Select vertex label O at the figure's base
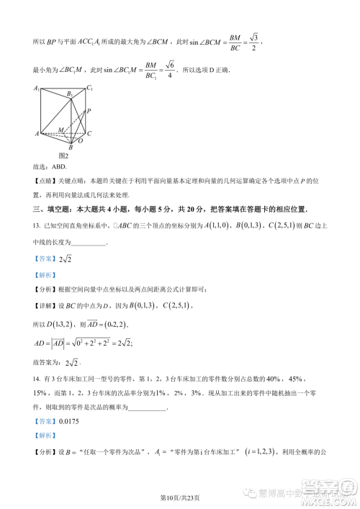click(80, 141)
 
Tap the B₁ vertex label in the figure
click(70, 94)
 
